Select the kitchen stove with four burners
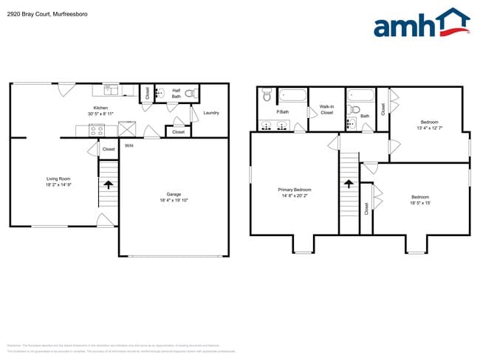pyautogui.click(x=96, y=129)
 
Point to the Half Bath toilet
pyautogui.click(x=189, y=94)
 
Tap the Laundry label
pyautogui.click(x=211, y=113)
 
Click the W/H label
pyautogui.click(x=128, y=145)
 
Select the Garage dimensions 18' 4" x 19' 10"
pyautogui.click(x=174, y=200)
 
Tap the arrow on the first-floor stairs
pyautogui.click(x=108, y=183)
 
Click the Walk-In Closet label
pyautogui.click(x=326, y=110)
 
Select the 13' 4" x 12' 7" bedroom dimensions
pyautogui.click(x=429, y=128)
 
